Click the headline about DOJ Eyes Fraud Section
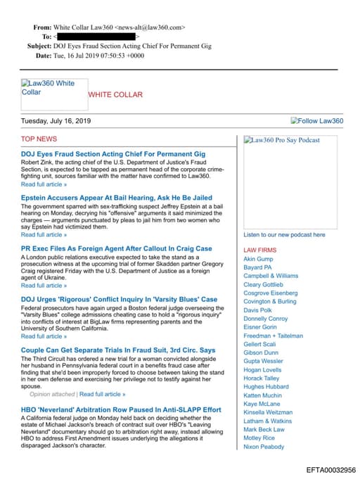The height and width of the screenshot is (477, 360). [x=113, y=153]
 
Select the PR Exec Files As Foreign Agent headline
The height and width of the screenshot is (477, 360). [x=116, y=248]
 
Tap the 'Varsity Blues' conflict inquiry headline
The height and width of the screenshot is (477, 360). [x=119, y=300]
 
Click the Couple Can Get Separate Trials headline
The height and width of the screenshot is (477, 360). [x=118, y=350]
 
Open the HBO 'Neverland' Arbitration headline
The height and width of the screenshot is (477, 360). [x=121, y=409]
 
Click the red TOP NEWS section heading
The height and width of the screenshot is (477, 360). [x=39, y=139]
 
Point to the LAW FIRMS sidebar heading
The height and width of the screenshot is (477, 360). [x=259, y=250]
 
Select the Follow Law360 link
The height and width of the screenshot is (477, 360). [x=317, y=121]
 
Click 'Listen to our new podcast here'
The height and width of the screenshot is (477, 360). [x=284, y=235]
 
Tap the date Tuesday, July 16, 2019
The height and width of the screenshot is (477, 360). [x=56, y=121]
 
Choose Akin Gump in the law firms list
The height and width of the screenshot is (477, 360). [x=258, y=259]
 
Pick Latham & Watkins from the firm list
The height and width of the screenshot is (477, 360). [x=267, y=421]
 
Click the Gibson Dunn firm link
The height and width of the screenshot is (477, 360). [x=261, y=352]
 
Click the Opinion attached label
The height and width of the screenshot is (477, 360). [x=52, y=395]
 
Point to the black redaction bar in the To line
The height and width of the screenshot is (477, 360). [x=96, y=36]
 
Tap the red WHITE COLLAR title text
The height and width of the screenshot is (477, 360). [x=115, y=94]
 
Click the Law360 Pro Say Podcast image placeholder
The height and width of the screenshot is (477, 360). [x=282, y=140]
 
